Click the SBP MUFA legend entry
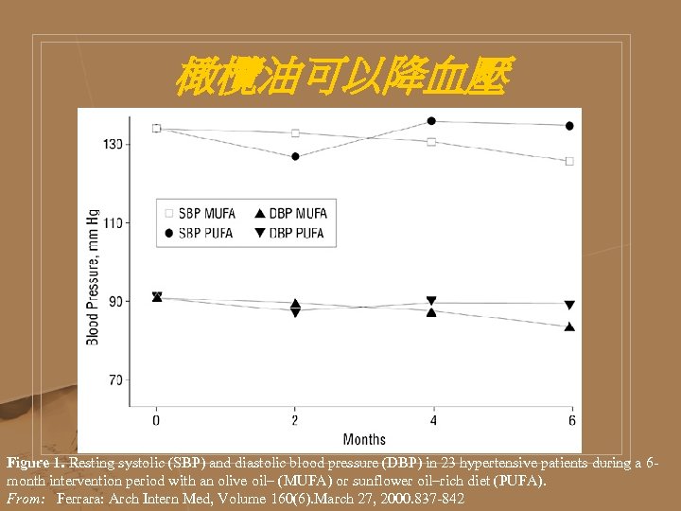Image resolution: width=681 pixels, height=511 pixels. (x=200, y=214)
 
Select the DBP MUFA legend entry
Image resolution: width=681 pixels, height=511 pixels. (x=291, y=214)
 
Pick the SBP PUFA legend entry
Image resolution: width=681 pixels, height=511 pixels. (x=200, y=233)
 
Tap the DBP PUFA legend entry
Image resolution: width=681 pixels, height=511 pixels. (x=291, y=233)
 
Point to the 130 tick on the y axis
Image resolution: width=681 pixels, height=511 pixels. (x=113, y=145)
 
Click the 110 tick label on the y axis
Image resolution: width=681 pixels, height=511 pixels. (x=113, y=223)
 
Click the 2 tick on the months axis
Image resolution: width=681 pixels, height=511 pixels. (x=295, y=419)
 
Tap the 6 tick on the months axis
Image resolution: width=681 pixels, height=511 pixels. (x=570, y=419)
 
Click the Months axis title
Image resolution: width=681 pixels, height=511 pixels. (x=364, y=439)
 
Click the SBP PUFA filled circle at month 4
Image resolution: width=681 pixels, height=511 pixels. (x=431, y=121)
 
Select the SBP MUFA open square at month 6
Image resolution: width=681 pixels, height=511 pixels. (x=569, y=161)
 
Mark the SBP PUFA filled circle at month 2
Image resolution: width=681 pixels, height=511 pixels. (x=295, y=157)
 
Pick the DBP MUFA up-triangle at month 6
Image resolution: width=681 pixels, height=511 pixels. (x=569, y=327)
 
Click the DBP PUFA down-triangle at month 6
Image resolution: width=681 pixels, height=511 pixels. (x=569, y=306)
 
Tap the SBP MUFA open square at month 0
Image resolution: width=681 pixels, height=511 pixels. (x=157, y=128)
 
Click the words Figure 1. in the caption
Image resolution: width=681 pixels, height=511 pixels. (x=35, y=464)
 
